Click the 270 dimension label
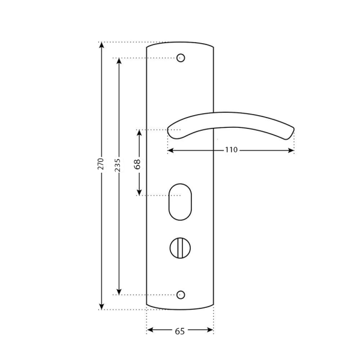pos(101,164)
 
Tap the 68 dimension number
pos(138,164)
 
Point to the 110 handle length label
pos(231,150)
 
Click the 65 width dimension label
pos(179,330)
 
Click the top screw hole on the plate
pos(181,58)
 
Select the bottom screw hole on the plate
pos(181,295)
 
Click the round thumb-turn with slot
pos(180,246)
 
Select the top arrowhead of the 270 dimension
pos(101,45)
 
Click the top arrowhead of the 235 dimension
pos(118,61)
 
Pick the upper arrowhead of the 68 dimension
pos(139,133)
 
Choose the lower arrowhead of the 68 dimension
pos(139,193)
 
